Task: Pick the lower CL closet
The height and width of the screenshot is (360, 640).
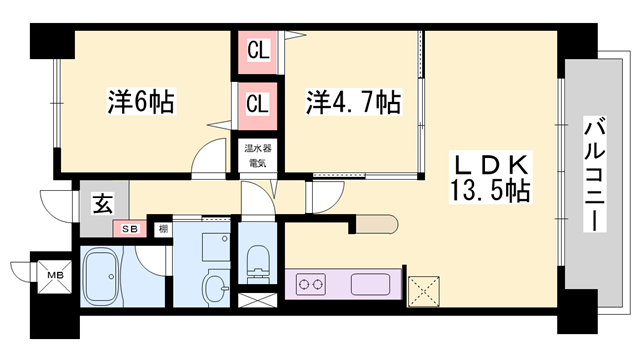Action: click(x=257, y=103)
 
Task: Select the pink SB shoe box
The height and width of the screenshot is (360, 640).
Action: click(x=130, y=229)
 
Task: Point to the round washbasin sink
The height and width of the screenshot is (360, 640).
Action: click(x=214, y=291)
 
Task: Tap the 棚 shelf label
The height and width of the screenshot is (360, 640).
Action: click(x=161, y=230)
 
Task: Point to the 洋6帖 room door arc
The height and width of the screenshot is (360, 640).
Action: click(x=210, y=158)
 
